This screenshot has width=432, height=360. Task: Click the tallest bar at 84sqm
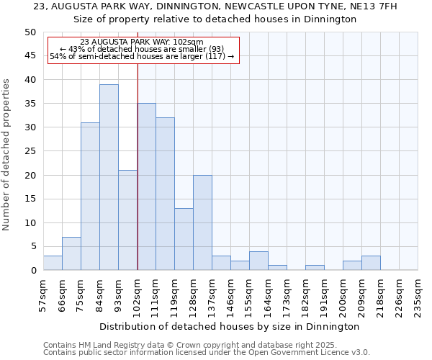pyautogui.click(x=109, y=177)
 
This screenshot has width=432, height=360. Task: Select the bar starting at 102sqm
pyautogui.click(x=146, y=186)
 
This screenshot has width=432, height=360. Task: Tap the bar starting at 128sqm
pyautogui.click(x=202, y=222)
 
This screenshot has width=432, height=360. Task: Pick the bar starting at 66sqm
pyautogui.click(x=71, y=253)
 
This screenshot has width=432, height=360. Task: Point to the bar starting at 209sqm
pyautogui.click(x=371, y=263)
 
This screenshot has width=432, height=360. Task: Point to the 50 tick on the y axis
pyautogui.click(x=30, y=32)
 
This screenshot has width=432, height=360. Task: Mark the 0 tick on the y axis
pyautogui.click(x=33, y=271)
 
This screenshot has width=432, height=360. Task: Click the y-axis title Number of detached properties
pyautogui.click(x=7, y=155)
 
